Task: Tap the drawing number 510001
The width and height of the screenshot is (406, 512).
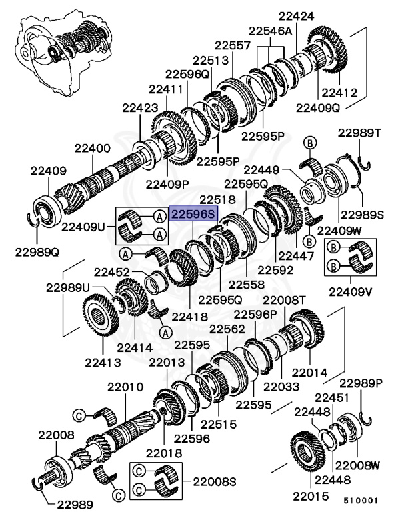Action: pos(361,499)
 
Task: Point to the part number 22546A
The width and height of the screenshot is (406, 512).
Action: pos(271,31)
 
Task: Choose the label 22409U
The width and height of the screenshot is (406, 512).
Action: pos(83,227)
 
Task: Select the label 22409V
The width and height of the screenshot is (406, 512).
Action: pos(349,291)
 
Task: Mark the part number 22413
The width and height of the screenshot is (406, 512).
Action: pos(102,363)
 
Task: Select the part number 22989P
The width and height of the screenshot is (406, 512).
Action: pos(361,383)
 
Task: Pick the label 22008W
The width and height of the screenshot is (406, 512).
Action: pos(357,465)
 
